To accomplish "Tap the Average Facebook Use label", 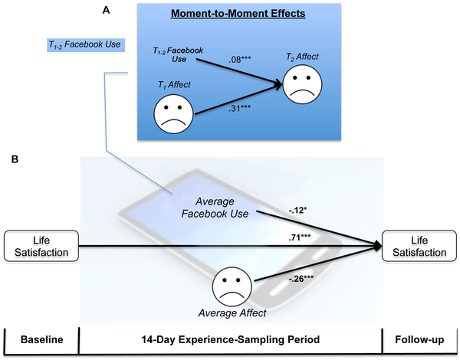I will pos(222,207).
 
